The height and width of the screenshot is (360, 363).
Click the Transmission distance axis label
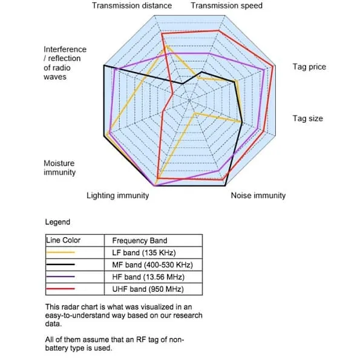pos(132,5)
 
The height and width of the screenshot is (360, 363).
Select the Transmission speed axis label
pos(227,5)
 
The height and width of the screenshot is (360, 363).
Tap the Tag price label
pos(309,67)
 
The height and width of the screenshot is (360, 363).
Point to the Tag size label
pos(308,119)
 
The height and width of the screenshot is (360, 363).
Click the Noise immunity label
pos(258,195)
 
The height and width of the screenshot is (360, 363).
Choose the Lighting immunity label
pos(117,195)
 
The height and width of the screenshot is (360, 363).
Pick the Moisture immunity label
pos(59,168)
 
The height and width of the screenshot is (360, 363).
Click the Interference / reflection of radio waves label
pos(65,63)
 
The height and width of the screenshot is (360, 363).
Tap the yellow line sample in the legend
pos(60,252)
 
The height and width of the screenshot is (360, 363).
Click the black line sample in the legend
pos(60,264)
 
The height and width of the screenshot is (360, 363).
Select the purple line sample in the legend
pos(60,277)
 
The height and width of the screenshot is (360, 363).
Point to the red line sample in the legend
pos(60,289)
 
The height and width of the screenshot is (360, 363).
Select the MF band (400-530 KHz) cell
pos(152,264)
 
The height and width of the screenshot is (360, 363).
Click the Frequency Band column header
pos(140,241)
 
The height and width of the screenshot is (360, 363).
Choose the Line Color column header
pos(63,240)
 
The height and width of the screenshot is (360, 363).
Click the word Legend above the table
pos(57,222)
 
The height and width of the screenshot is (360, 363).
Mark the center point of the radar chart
pos(189,100)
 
